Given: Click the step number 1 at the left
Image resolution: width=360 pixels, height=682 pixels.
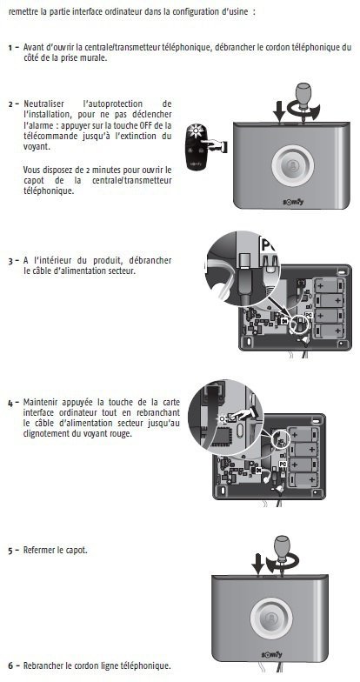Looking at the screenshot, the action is pyautogui.click(x=10, y=47).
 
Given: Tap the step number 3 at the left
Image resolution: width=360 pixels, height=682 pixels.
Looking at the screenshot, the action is pyautogui.click(x=10, y=261).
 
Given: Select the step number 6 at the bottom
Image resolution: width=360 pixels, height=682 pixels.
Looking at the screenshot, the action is pyautogui.click(x=10, y=666).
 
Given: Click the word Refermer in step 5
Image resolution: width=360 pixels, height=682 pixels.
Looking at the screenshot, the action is pyautogui.click(x=38, y=550).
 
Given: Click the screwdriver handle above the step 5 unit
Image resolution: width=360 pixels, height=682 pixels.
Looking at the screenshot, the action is pyautogui.click(x=282, y=545).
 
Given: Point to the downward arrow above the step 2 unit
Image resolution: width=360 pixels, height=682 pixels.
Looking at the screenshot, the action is pyautogui.click(x=280, y=111).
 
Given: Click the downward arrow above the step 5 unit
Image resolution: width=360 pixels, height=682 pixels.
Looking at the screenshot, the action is pyautogui.click(x=257, y=565).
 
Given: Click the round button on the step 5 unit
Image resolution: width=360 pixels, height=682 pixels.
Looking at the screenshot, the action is pyautogui.click(x=271, y=618).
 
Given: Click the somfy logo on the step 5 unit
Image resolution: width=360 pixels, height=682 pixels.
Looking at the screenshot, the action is pyautogui.click(x=271, y=654).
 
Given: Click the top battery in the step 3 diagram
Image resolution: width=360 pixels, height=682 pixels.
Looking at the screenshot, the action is pyautogui.click(x=329, y=285).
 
